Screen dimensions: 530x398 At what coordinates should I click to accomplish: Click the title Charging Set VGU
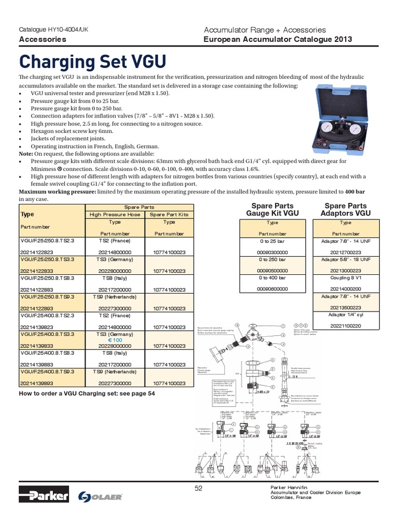93,62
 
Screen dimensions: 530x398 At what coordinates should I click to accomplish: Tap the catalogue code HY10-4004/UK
54,30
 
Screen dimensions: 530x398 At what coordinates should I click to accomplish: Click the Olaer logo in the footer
100,496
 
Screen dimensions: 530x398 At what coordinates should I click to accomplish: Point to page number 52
198,490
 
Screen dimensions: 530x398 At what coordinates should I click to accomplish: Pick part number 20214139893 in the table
38,384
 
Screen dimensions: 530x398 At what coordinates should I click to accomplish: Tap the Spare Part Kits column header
169,214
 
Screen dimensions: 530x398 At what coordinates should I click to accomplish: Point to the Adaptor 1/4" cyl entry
346,315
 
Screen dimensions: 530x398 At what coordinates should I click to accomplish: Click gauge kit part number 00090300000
272,252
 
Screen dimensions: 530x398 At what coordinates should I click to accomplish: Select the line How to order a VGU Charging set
87,393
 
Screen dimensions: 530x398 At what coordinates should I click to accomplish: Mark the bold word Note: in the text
26,154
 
